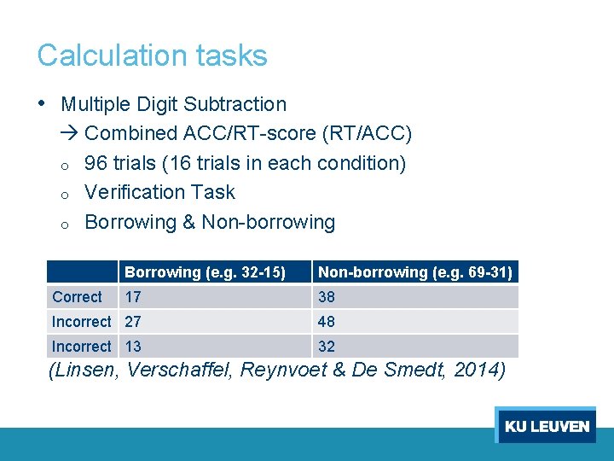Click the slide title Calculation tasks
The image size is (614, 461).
[x=152, y=55]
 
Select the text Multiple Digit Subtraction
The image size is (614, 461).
[x=174, y=104]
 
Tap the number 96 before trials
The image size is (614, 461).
[x=96, y=163]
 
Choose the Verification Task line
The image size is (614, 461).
[x=159, y=192]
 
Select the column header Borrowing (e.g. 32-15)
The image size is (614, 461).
[x=205, y=272]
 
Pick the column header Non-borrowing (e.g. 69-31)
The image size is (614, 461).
[x=414, y=272]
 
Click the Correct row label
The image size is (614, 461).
[x=77, y=297]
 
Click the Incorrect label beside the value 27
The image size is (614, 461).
[x=81, y=322]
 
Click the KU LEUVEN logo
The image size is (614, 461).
[x=546, y=426]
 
